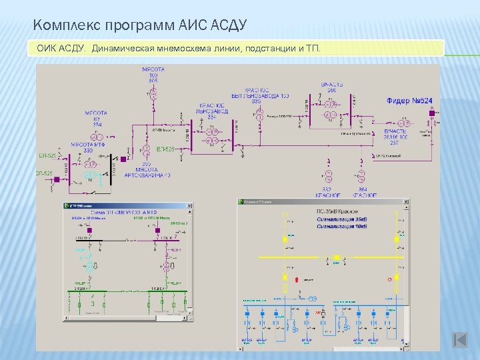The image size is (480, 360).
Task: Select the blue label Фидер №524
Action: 409,101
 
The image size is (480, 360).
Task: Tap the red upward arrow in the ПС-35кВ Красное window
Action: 285,277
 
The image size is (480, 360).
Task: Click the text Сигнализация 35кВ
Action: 342,220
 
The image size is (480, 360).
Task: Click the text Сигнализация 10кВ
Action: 342,227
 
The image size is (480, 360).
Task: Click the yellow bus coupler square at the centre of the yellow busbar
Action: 337,258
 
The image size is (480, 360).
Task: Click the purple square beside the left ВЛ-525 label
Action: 57,179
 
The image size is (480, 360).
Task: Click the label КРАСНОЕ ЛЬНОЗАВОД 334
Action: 212,111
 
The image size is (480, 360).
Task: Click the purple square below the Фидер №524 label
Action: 431,113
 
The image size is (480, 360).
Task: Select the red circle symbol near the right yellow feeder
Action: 389,279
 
